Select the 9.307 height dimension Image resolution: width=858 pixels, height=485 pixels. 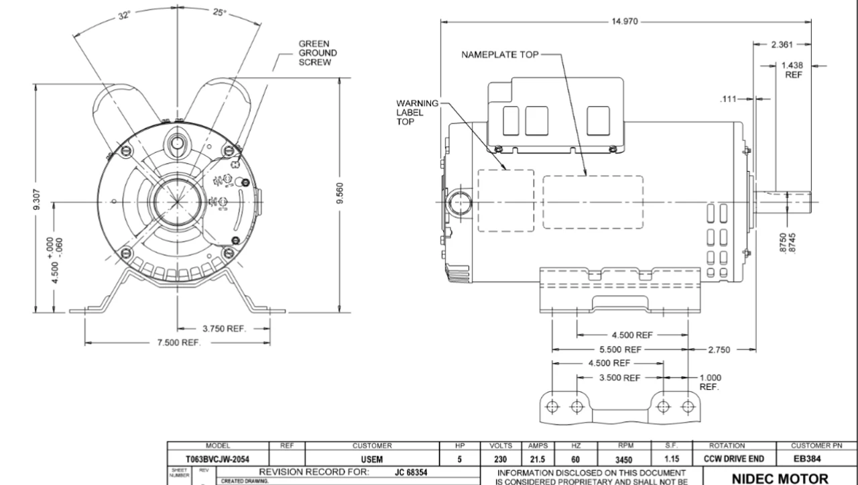[x=38, y=198]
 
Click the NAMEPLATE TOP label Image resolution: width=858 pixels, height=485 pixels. [x=499, y=55]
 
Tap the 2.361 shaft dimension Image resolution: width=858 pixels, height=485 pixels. [x=782, y=45]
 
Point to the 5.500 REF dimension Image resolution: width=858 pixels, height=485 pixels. [x=619, y=349]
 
